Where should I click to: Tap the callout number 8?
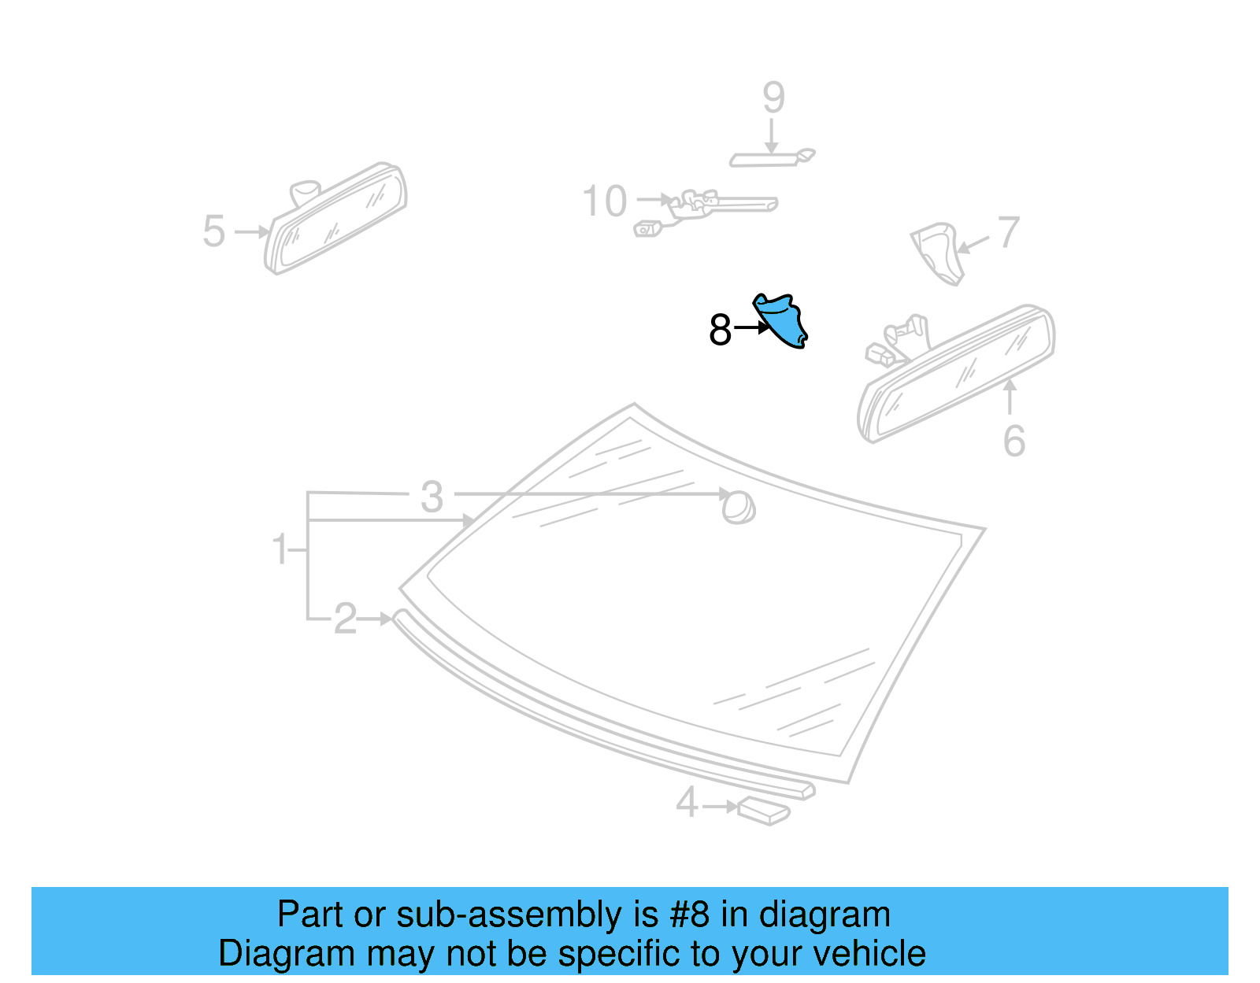pyautogui.click(x=720, y=330)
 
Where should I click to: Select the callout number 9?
pyautogui.click(x=773, y=98)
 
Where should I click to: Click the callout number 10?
pyautogui.click(x=604, y=201)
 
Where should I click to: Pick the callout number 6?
pyautogui.click(x=1014, y=441)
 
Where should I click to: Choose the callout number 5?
pyautogui.click(x=213, y=231)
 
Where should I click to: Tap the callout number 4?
pyautogui.click(x=687, y=804)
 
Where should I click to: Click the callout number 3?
pyautogui.click(x=432, y=497)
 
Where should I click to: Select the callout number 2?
pyautogui.click(x=345, y=619)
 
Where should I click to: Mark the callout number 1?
pyautogui.click(x=280, y=549)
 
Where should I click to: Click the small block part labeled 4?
pyautogui.click(x=763, y=811)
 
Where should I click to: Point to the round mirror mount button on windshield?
pyautogui.click(x=739, y=508)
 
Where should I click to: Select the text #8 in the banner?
pyautogui.click(x=689, y=915)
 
